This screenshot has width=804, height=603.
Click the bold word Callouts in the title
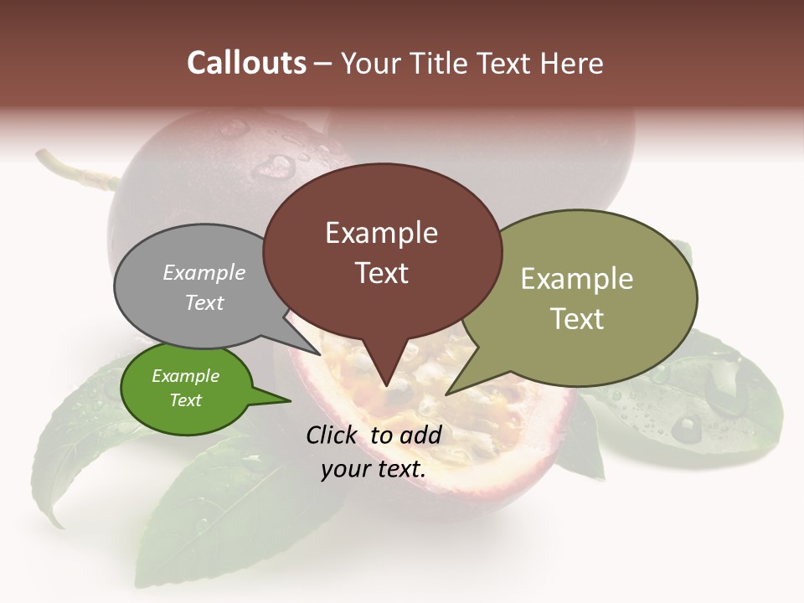pyautogui.click(x=246, y=63)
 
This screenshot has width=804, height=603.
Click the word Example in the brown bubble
pyautogui.click(x=381, y=233)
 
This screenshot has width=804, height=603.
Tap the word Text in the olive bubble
pyautogui.click(x=577, y=319)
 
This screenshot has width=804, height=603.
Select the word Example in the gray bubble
pyautogui.click(x=204, y=273)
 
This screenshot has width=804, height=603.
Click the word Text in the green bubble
pyautogui.click(x=186, y=400)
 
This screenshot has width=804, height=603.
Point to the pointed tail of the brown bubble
pyautogui.click(x=386, y=377)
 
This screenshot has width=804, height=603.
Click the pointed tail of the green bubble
pyautogui.click(x=281, y=400)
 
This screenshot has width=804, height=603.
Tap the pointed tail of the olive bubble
pyautogui.click(x=456, y=388)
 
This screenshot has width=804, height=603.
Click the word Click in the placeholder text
pyautogui.click(x=332, y=435)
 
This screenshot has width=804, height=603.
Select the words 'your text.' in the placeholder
pyautogui.click(x=374, y=469)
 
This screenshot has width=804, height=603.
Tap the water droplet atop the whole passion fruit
pyautogui.click(x=273, y=165)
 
